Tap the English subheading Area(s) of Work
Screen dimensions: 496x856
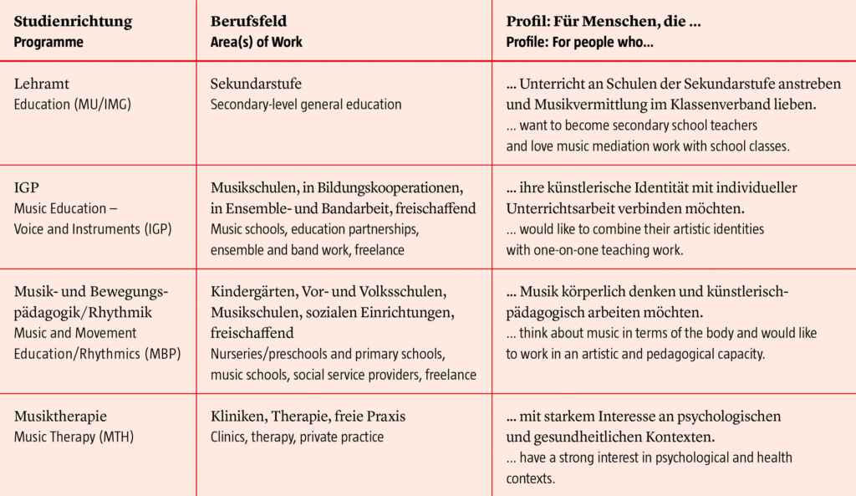click(257, 42)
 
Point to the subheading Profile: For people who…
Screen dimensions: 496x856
click(580, 42)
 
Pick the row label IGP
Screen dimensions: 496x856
click(26, 188)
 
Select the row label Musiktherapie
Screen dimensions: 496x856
click(60, 416)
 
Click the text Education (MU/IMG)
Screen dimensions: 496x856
click(73, 105)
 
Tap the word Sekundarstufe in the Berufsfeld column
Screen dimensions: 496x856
click(256, 84)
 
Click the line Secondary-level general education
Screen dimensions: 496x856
click(306, 105)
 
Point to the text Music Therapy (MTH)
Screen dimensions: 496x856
click(74, 436)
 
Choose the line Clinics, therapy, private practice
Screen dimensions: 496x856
click(298, 436)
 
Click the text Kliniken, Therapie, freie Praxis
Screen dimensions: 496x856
click(308, 416)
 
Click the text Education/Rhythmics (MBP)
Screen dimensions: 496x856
click(93, 354)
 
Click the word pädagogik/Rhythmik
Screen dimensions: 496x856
click(80, 313)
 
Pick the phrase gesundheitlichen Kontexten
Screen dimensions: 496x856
click(609, 437)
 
